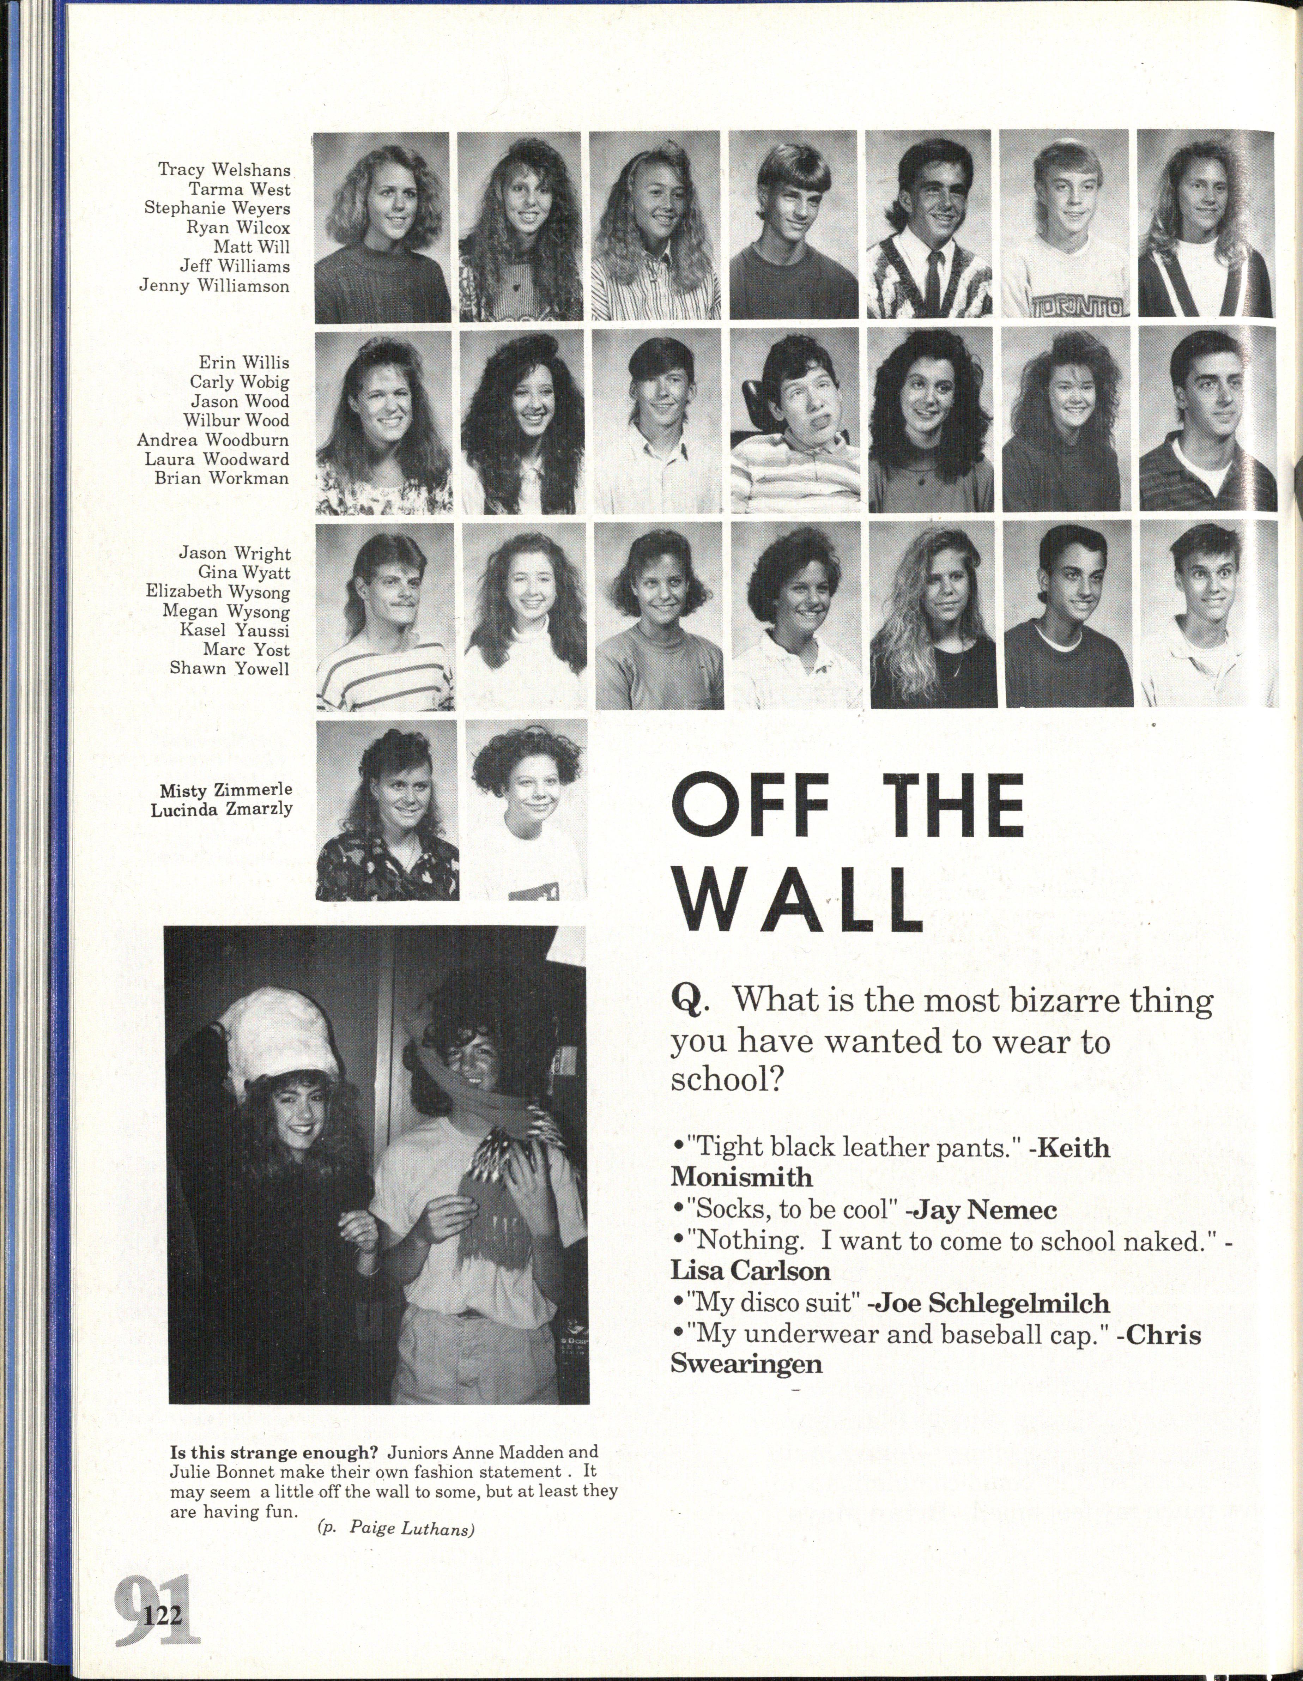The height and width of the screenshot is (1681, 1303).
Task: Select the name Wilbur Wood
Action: click(236, 420)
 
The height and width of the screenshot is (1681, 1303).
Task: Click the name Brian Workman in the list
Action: click(222, 478)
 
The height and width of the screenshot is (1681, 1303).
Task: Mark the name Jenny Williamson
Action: click(214, 286)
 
